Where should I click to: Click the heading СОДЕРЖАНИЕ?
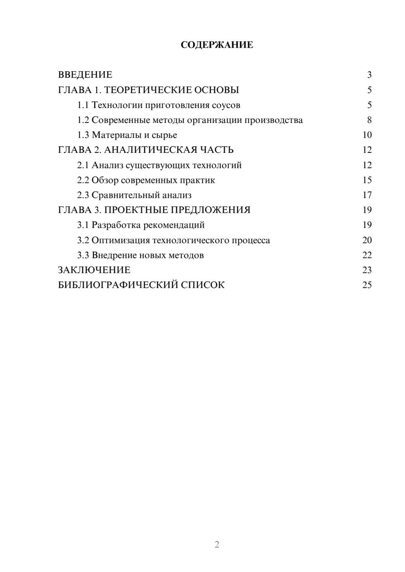click(217, 45)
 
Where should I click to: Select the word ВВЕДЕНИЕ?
click(85, 75)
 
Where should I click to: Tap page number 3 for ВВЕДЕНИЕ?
click(369, 75)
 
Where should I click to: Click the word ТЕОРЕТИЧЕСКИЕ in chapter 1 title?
click(144, 90)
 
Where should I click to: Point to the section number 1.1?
click(83, 105)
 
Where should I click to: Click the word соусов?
click(226, 105)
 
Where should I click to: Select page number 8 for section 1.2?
click(369, 120)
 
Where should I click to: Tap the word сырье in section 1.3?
click(164, 135)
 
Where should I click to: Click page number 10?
click(367, 135)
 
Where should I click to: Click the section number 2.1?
click(83, 165)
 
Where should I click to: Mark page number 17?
click(367, 195)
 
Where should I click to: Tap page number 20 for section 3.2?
click(367, 240)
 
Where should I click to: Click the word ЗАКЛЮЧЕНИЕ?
click(94, 270)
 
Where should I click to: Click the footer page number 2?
click(217, 544)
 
